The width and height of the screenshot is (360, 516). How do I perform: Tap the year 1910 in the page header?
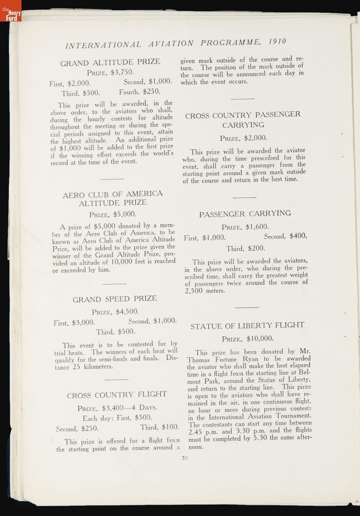coord(277,42)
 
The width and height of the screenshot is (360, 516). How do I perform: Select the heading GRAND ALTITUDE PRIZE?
coord(110,62)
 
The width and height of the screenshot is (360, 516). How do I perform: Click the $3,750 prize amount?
coord(122,72)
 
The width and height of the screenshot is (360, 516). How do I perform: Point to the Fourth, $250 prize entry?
coord(139,91)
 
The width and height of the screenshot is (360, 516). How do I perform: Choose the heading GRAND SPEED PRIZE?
coord(114,298)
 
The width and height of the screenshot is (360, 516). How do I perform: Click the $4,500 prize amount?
coord(127,312)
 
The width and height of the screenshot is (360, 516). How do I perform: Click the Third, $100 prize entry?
coord(159,427)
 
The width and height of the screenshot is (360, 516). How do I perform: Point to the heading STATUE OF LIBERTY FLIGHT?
coord(247,325)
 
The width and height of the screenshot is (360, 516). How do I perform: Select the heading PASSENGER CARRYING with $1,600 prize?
coord(245,213)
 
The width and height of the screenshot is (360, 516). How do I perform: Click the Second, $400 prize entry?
coord(285,236)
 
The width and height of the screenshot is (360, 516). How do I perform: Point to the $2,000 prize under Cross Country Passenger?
coord(255,138)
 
